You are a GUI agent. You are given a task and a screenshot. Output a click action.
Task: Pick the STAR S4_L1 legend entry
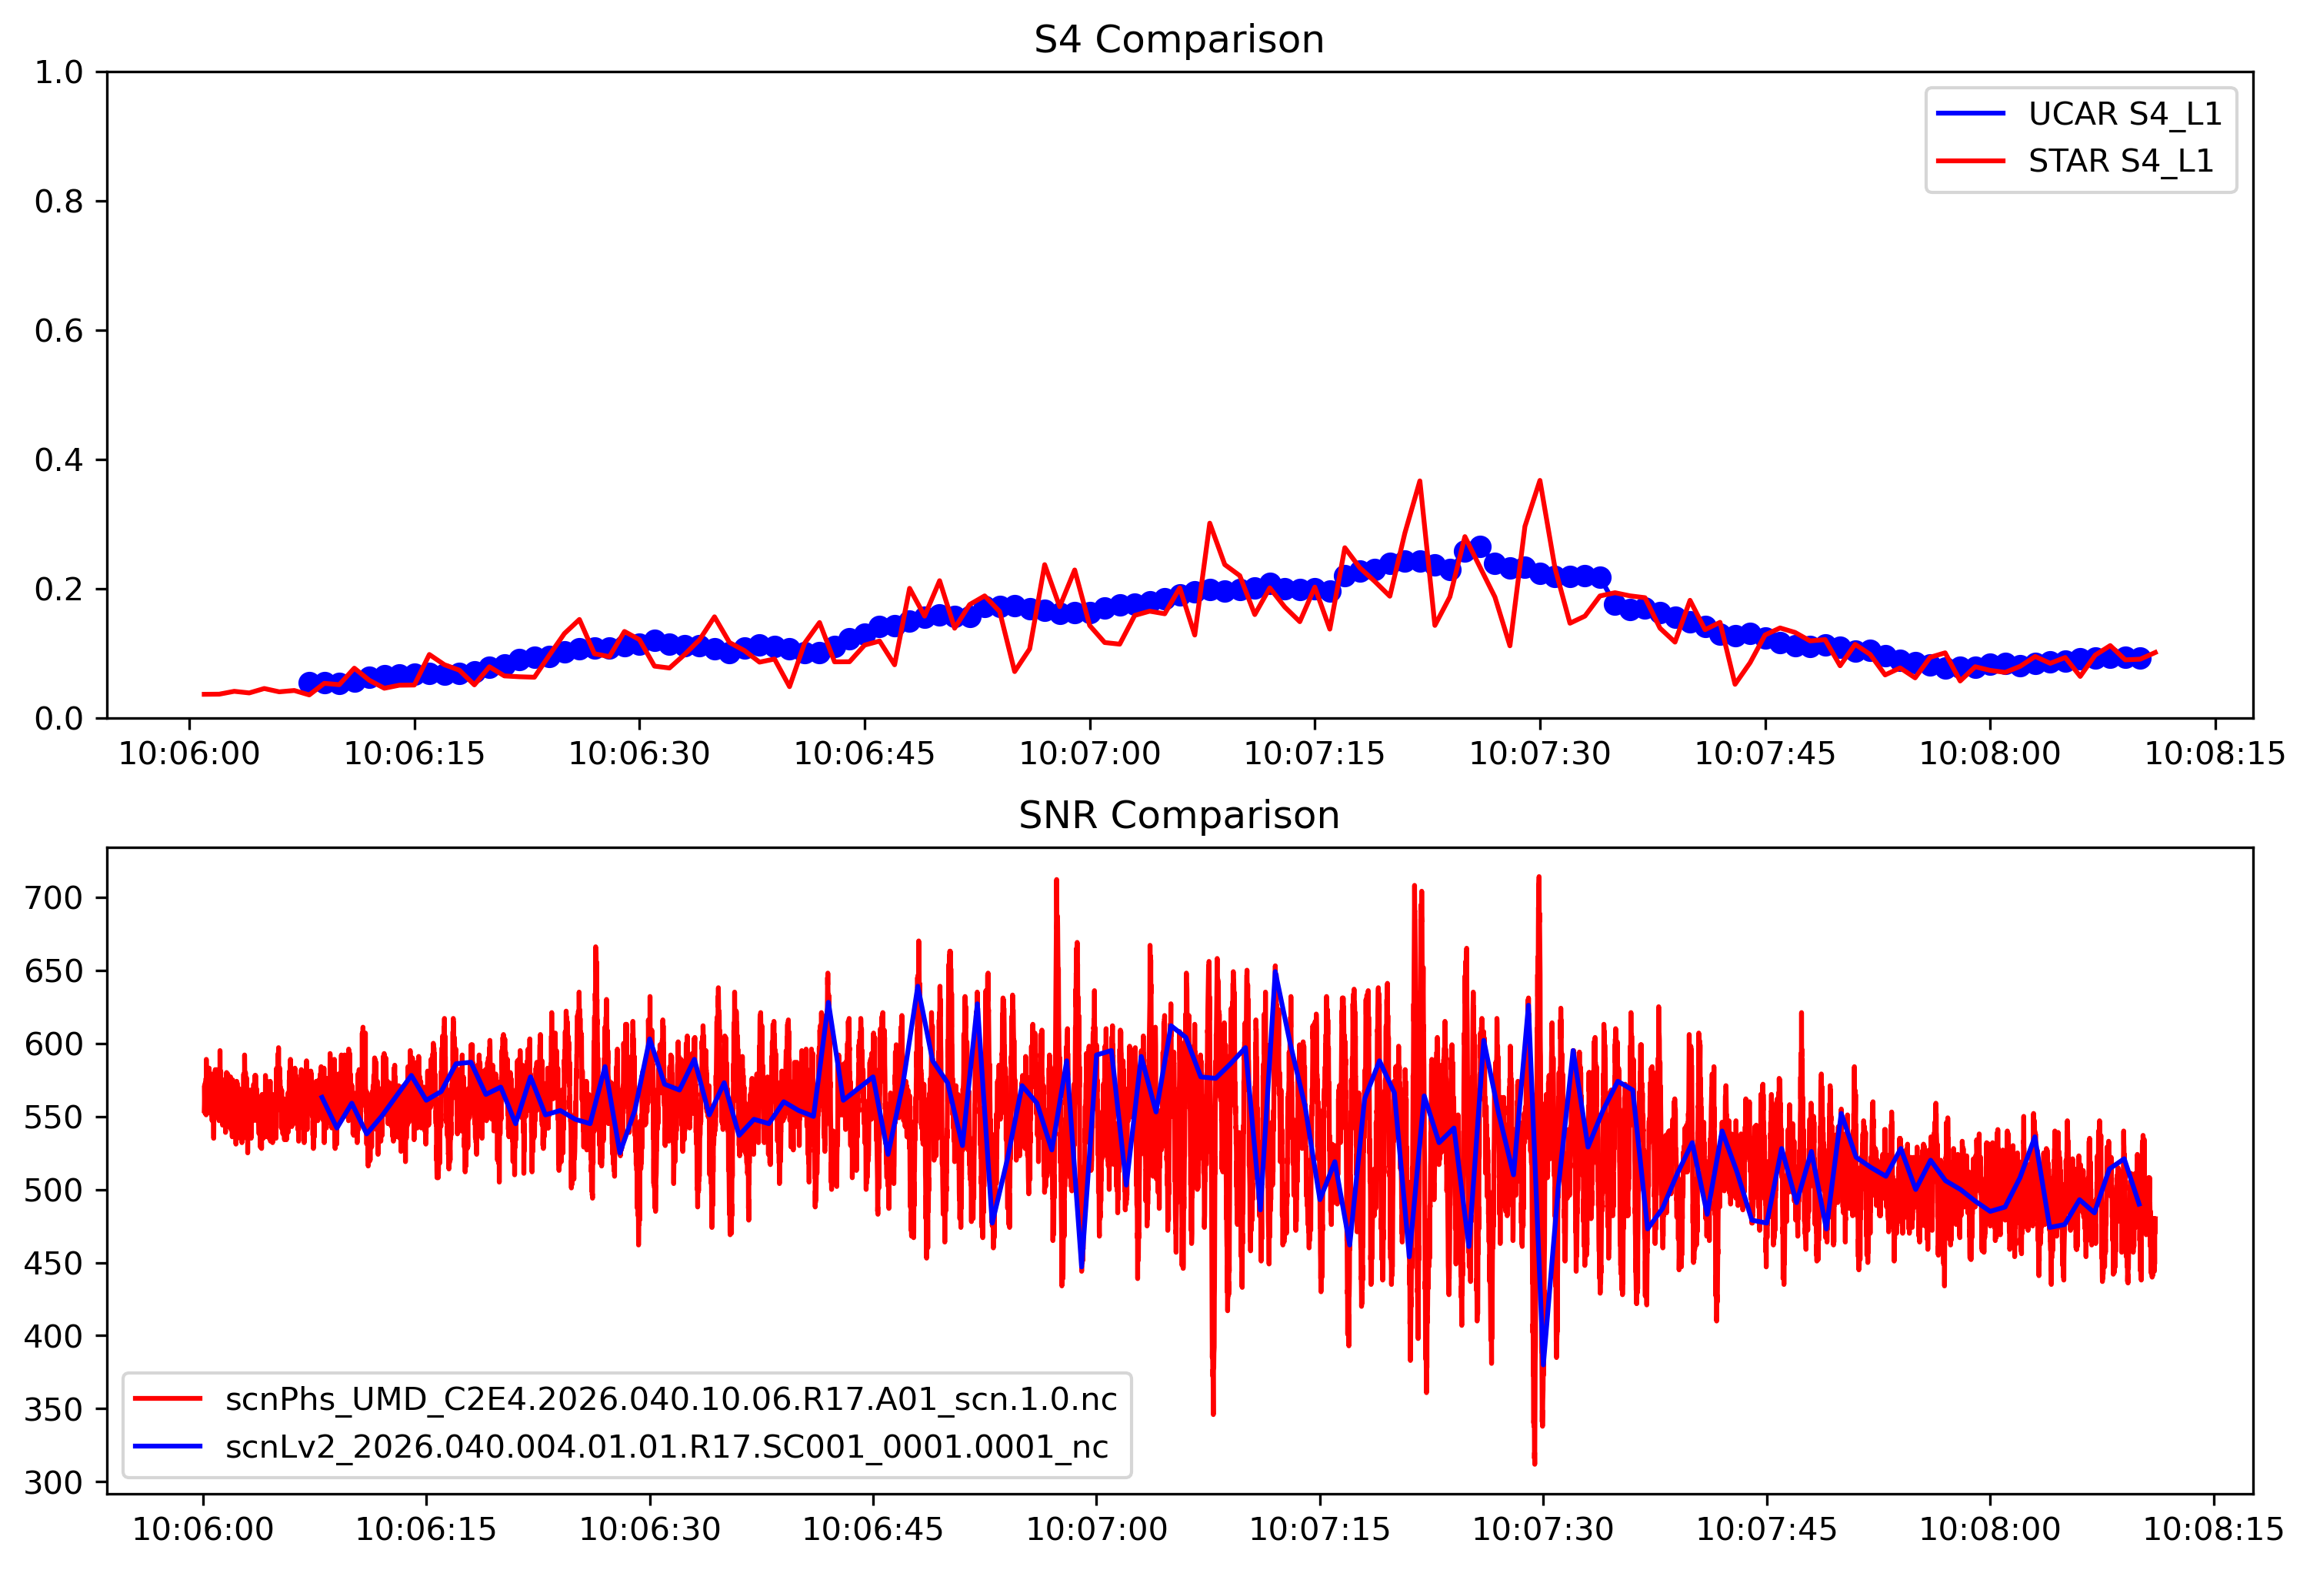click(2120, 161)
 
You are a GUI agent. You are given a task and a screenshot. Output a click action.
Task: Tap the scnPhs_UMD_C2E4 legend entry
click(671, 1399)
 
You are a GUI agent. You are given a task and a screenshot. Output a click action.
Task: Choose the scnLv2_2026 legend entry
click(666, 1447)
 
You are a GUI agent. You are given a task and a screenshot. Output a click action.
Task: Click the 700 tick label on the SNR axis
click(52, 898)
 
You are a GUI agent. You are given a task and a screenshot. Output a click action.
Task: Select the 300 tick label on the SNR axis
click(52, 1482)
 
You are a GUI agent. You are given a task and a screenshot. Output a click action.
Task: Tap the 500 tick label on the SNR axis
click(52, 1190)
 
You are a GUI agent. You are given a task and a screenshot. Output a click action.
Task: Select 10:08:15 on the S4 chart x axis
click(2215, 753)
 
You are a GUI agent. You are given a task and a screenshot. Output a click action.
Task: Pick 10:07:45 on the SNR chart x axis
click(1766, 1529)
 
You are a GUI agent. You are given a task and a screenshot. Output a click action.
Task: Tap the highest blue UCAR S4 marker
click(1480, 547)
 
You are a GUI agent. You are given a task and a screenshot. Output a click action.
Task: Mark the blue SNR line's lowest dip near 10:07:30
click(1542, 1365)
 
